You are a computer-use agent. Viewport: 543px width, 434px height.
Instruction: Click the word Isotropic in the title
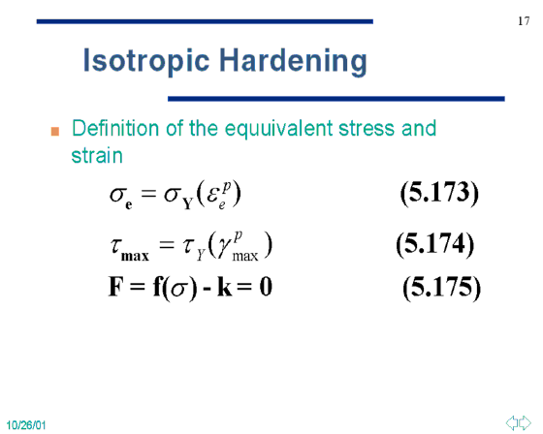click(x=146, y=61)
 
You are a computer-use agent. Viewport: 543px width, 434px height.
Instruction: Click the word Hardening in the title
click(x=293, y=61)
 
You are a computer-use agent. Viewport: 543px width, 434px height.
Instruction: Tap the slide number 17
click(x=524, y=21)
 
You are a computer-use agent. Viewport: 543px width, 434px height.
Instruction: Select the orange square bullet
click(x=55, y=132)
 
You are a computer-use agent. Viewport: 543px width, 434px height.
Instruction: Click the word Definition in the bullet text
click(x=115, y=128)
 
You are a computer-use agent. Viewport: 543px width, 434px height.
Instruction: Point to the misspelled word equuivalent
click(x=279, y=129)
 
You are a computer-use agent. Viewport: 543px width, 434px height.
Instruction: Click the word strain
click(x=97, y=155)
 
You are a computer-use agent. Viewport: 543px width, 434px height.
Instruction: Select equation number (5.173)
click(x=439, y=193)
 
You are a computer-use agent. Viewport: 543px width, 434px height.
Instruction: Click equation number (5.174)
click(x=435, y=244)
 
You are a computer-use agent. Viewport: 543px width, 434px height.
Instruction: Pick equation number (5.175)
click(x=442, y=288)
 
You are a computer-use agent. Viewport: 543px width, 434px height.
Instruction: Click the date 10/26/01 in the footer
click(x=26, y=425)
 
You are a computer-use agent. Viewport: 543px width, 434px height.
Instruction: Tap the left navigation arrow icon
click(x=512, y=422)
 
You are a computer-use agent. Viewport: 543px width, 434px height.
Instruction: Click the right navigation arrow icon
click(x=525, y=422)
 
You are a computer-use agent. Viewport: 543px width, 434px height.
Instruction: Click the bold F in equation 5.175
click(x=116, y=287)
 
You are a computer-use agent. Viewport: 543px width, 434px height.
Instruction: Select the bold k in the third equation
click(x=224, y=287)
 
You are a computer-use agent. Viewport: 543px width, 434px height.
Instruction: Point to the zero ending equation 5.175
click(x=266, y=287)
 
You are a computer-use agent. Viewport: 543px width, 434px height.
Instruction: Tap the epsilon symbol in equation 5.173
click(x=212, y=196)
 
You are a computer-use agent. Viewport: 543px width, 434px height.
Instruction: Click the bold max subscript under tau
click(x=135, y=257)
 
